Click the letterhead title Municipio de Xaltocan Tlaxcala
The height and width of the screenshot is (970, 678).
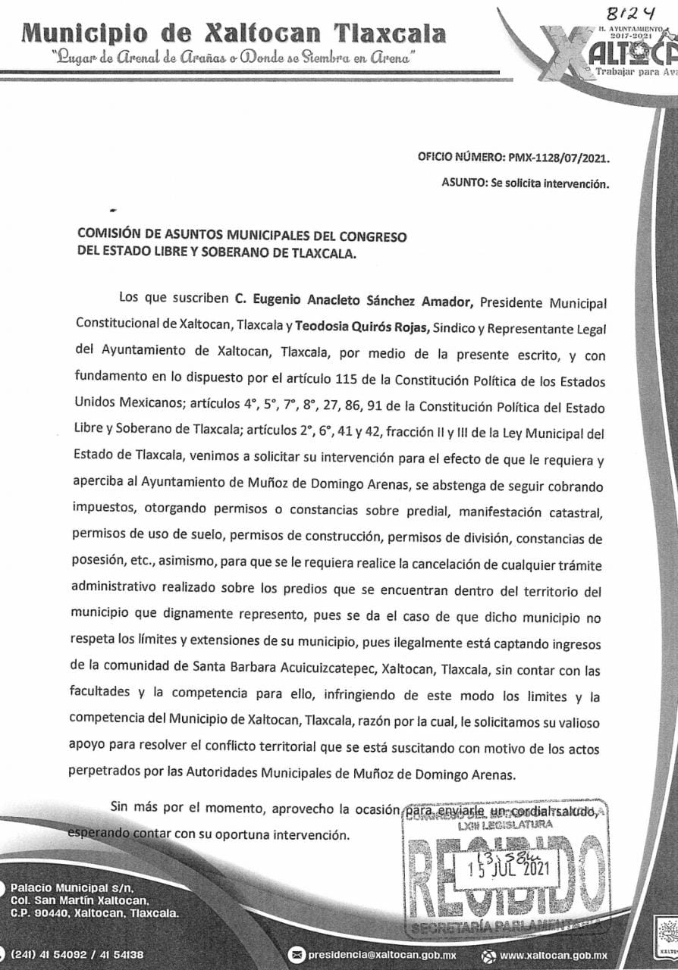[x=234, y=33]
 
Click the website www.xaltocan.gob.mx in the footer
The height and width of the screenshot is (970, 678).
[x=554, y=956]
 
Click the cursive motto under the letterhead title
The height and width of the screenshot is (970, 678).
[x=231, y=58]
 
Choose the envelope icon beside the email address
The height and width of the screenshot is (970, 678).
[x=297, y=956]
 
